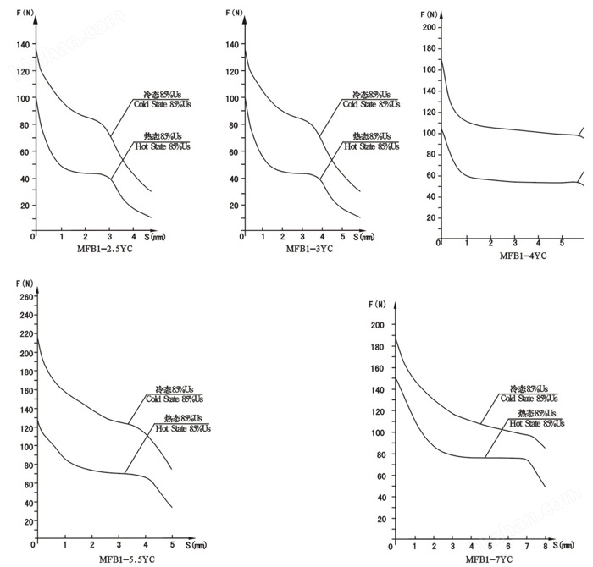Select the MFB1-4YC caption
tap(522, 255)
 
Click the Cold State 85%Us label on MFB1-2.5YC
tap(161, 104)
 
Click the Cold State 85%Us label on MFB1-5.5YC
tap(175, 398)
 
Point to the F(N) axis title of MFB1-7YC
tap(379, 303)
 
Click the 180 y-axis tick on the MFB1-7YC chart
tap(378, 346)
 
